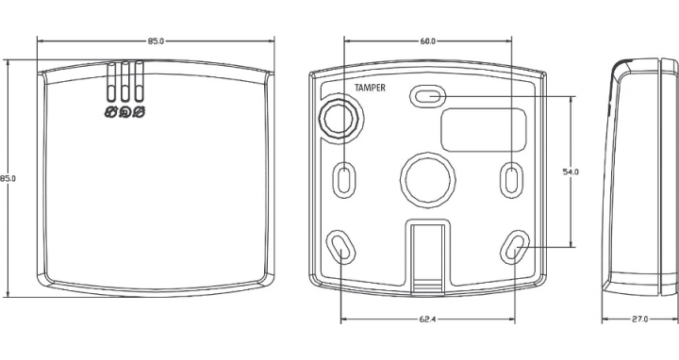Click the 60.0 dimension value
pyautogui.click(x=427, y=41)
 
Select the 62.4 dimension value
pyautogui.click(x=427, y=319)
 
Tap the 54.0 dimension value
pyautogui.click(x=571, y=172)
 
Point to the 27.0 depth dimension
pyautogui.click(x=639, y=319)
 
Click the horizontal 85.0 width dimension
pyautogui.click(x=156, y=41)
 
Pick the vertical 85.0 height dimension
pyautogui.click(x=8, y=178)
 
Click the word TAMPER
pyautogui.click(x=370, y=88)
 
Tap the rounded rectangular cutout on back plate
pyautogui.click(x=484, y=130)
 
